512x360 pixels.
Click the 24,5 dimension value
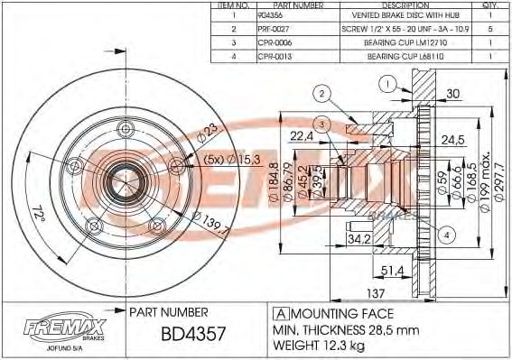tap(451, 139)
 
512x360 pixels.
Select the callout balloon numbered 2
tap(321, 92)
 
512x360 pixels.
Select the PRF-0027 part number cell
tap(276, 28)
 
